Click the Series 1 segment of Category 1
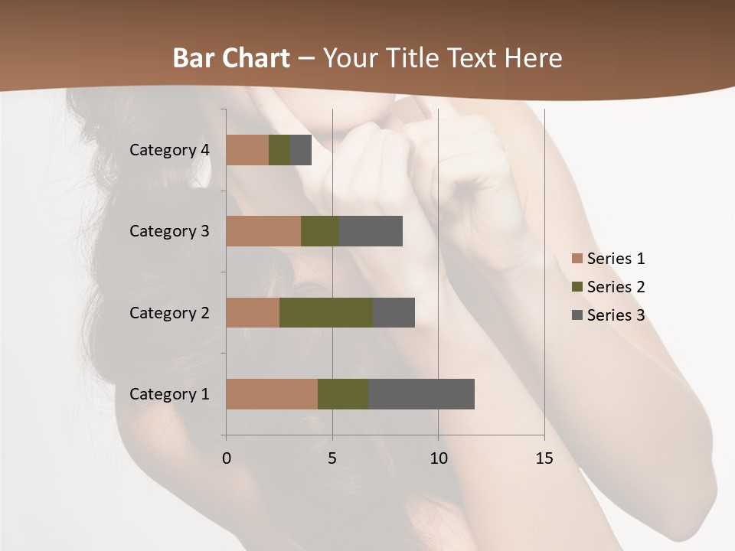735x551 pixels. (x=272, y=393)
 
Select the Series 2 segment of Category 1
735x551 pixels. (x=343, y=393)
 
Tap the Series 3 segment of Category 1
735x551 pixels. (x=421, y=393)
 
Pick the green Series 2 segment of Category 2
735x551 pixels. (x=326, y=312)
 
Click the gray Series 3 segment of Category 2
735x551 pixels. (x=394, y=312)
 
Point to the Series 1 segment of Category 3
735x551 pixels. (x=263, y=231)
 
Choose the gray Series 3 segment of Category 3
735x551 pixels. (x=371, y=231)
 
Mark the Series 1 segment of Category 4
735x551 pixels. (x=247, y=150)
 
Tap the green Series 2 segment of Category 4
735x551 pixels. (x=279, y=150)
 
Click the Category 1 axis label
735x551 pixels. (x=169, y=394)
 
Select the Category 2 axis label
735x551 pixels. (x=169, y=313)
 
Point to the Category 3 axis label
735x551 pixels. (x=169, y=231)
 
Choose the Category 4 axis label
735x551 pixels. (x=169, y=150)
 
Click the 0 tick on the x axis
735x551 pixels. (x=227, y=458)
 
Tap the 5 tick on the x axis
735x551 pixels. (x=332, y=458)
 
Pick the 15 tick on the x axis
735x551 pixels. (x=544, y=458)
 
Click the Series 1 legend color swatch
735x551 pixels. (x=577, y=259)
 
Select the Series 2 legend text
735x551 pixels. (x=616, y=287)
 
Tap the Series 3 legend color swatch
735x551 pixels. (x=577, y=315)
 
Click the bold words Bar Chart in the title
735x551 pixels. (x=231, y=58)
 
